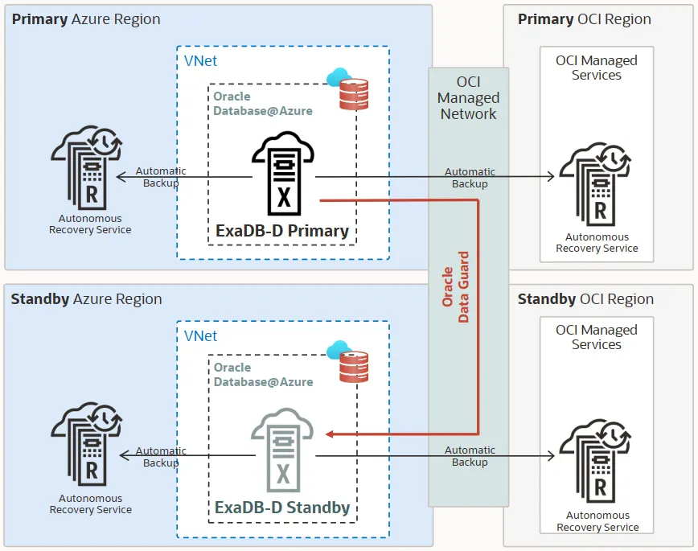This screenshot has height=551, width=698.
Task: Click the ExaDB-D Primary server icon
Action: pyautogui.click(x=282, y=175)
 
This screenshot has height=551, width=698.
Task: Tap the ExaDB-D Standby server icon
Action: pyautogui.click(x=282, y=451)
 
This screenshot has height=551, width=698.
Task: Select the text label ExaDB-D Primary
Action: pyautogui.click(x=282, y=232)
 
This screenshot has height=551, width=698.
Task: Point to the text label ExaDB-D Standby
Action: pyautogui.click(x=282, y=508)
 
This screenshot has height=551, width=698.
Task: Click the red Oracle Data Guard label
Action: pyautogui.click(x=456, y=287)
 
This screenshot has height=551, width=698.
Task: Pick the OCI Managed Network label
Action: pyautogui.click(x=468, y=98)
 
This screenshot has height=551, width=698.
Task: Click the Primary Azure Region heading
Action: pyautogui.click(x=86, y=19)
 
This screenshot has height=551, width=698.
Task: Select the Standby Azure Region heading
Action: pyautogui.click(x=86, y=299)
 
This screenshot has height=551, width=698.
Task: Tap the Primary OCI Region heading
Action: pyautogui.click(x=585, y=19)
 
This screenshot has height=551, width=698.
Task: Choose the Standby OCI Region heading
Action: pyautogui.click(x=585, y=299)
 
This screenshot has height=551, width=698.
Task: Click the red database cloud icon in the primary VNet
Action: pyautogui.click(x=350, y=89)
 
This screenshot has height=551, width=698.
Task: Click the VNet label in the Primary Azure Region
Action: pyautogui.click(x=200, y=61)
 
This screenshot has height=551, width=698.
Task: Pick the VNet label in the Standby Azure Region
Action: pyautogui.click(x=200, y=335)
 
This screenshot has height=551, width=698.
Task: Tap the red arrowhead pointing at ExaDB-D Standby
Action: pyautogui.click(x=331, y=434)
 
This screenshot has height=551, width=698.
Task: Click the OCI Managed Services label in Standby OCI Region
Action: pyautogui.click(x=596, y=337)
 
